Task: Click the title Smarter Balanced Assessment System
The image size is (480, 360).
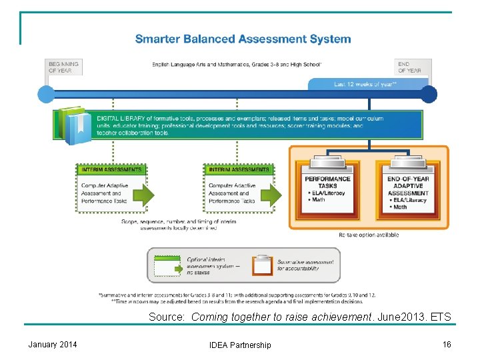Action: (x=243, y=39)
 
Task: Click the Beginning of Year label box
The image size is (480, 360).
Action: (x=63, y=67)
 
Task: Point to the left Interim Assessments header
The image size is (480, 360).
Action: (x=111, y=169)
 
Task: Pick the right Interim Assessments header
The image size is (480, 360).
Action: (x=239, y=169)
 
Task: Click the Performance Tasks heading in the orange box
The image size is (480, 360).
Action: (x=328, y=182)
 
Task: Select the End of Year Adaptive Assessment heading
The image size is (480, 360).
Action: (x=408, y=186)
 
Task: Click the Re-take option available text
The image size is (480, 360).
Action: (x=369, y=235)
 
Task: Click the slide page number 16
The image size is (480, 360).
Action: (x=447, y=344)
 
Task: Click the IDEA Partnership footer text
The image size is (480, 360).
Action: (x=240, y=345)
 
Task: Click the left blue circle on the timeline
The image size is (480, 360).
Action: (x=45, y=93)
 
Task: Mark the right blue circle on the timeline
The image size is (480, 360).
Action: (x=429, y=93)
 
